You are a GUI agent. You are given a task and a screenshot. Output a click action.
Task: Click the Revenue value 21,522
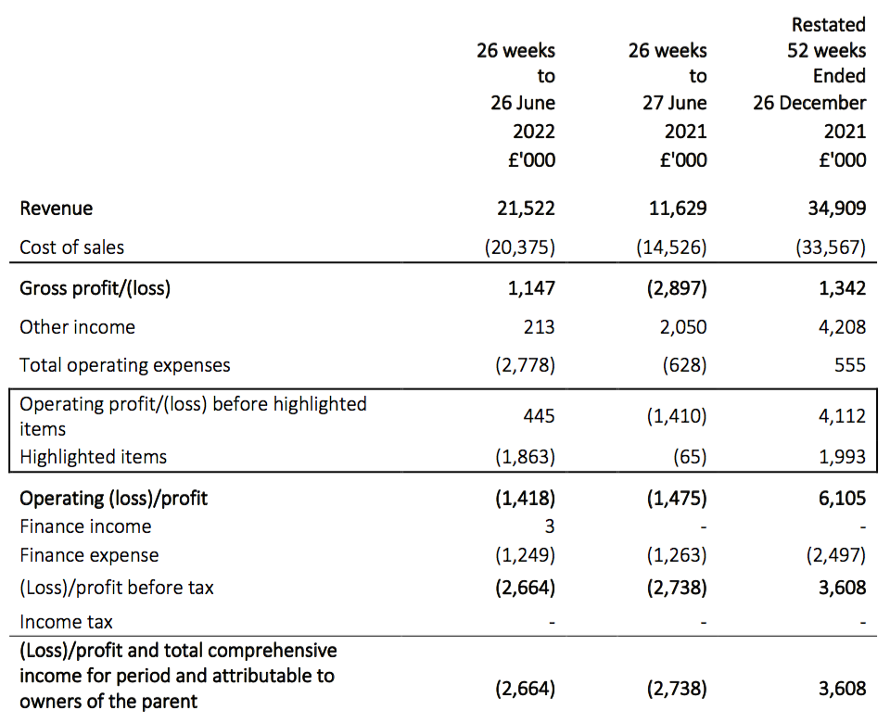526,209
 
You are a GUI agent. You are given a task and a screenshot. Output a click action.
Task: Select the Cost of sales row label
71,247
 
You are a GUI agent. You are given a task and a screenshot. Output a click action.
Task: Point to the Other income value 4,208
843,327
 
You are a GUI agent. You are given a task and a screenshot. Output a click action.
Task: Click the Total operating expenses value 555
850,365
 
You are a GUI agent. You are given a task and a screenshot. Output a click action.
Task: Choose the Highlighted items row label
93,457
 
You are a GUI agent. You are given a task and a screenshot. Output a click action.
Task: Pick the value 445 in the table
539,416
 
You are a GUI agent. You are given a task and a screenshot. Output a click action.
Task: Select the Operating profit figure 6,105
843,499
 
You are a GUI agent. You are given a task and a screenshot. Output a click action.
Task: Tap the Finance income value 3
550,526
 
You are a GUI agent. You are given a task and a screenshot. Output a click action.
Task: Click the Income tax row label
66,622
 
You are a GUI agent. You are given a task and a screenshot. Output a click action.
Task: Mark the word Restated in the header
829,25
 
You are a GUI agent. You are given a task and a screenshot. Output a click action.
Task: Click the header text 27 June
674,103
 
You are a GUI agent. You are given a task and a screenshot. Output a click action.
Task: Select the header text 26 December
809,103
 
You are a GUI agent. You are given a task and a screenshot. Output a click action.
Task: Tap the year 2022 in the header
534,132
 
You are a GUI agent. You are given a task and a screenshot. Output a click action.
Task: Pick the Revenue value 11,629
678,209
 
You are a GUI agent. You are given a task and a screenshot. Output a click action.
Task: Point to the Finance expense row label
89,555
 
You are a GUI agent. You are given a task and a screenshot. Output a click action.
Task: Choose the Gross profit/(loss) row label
95,288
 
